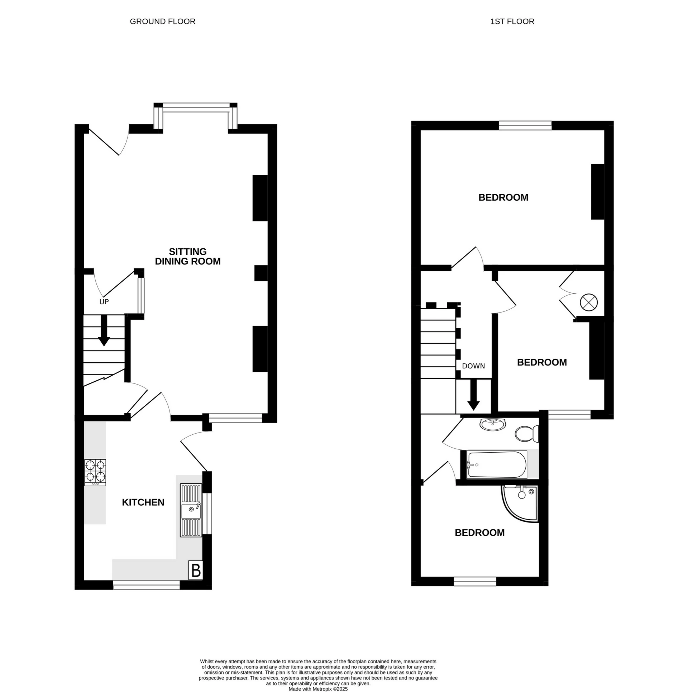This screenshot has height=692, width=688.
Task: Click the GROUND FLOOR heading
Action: [162, 22]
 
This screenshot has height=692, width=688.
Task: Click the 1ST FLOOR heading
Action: [512, 22]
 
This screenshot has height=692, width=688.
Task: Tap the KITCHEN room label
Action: [143, 502]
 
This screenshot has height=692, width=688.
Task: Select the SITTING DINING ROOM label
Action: [187, 256]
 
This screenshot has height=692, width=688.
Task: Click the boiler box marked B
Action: [196, 570]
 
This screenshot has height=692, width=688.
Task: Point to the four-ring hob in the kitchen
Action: [95, 472]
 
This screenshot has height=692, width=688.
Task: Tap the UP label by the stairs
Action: [104, 302]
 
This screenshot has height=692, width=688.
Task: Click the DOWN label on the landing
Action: [473, 366]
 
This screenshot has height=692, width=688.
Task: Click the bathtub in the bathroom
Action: [497, 464]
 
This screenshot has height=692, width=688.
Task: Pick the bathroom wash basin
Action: [492, 424]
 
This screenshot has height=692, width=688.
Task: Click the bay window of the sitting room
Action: [196, 106]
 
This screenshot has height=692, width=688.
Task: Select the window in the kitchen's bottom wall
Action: [146, 585]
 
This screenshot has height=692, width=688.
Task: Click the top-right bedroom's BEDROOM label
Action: [503, 197]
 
